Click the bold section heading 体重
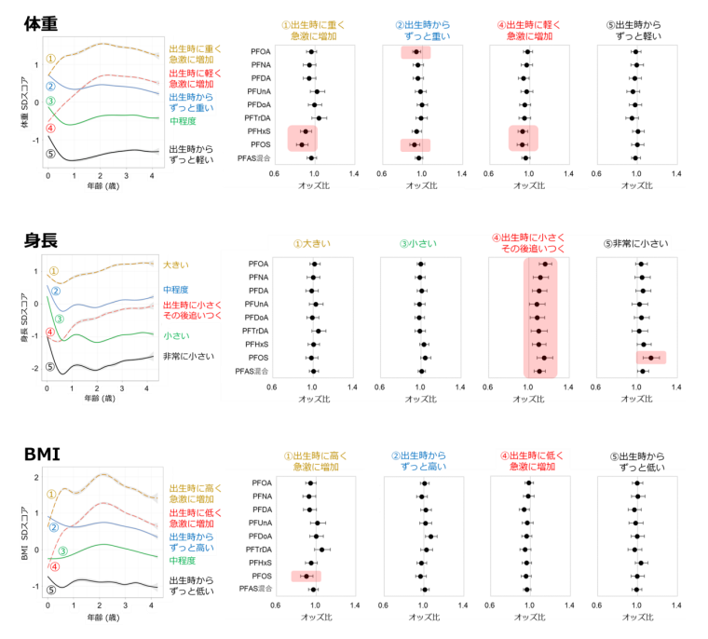point(43,23)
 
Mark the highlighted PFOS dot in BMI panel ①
point(306,577)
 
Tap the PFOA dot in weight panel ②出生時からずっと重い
point(416,52)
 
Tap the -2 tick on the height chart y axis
point(34,368)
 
